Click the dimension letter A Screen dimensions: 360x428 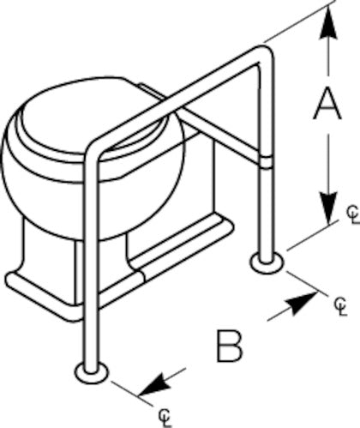(327, 104)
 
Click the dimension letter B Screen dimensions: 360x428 (230, 346)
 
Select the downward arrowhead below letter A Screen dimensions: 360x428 (329, 208)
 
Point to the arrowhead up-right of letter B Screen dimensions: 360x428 (303, 303)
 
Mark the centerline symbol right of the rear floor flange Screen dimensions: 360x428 (341, 306)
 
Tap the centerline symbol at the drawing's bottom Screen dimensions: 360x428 (165, 418)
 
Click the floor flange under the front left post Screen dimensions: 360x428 (92, 373)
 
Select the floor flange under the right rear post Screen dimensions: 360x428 (267, 263)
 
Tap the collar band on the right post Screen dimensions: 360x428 (267, 161)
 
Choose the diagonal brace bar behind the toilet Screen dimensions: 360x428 (220, 135)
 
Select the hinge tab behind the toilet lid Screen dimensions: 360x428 (152, 91)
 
